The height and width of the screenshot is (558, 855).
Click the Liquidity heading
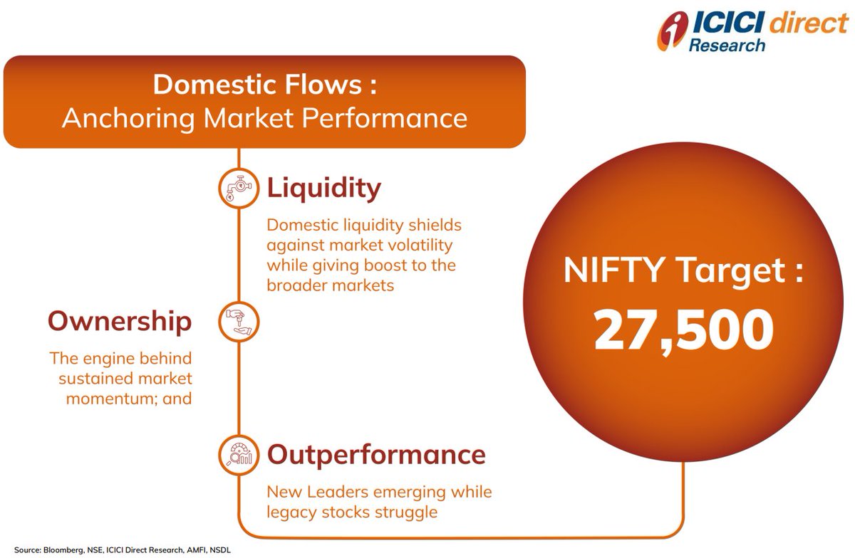[x=323, y=189]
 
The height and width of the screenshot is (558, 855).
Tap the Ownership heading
[x=120, y=322]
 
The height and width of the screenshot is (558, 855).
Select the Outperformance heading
[x=376, y=455]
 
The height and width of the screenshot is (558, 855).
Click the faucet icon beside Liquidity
[x=239, y=188]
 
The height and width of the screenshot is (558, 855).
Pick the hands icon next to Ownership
[x=239, y=322]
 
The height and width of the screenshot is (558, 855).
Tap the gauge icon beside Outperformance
[x=239, y=455]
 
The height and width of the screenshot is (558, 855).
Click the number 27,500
[x=683, y=330]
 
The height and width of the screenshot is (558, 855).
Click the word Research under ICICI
[x=727, y=46]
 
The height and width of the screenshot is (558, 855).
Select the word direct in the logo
[x=809, y=23]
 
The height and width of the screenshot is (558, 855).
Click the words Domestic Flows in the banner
[x=257, y=84]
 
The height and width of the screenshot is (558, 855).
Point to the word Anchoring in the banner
[x=128, y=118]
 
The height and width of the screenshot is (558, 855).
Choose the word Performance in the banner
[x=385, y=118]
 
